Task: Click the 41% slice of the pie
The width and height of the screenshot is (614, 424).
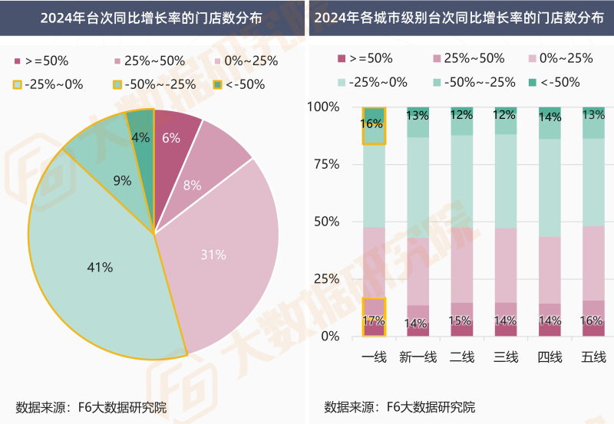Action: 100,268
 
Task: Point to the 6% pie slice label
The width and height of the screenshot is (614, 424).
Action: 171,138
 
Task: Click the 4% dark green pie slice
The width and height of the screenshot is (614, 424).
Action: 141,138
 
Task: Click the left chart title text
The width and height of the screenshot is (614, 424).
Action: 152,18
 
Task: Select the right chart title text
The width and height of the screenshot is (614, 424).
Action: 460,18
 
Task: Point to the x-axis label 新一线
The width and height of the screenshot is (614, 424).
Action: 418,357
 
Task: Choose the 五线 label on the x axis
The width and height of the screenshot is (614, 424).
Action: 593,357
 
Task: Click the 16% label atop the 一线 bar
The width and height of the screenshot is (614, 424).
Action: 373,123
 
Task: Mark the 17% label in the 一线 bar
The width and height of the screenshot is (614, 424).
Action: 373,321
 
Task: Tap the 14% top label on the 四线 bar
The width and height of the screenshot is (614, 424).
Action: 550,117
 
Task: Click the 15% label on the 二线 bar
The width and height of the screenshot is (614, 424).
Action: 461,320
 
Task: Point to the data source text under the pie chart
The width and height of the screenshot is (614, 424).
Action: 91,406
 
